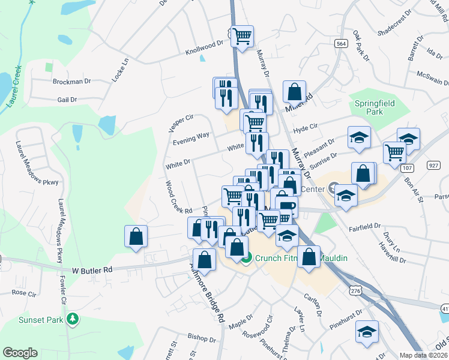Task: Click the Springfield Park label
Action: pos(375,107)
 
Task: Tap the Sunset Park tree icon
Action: pos(73,319)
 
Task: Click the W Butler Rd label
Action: pos(92,270)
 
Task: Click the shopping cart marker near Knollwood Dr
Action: pos(242,36)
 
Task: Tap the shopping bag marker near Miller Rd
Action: pos(294,92)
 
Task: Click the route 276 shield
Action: pos(354,290)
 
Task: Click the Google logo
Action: pos(20,353)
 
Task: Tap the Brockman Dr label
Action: pos(71,81)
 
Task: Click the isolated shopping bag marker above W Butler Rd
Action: pos(136,235)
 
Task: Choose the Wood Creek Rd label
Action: pos(178,198)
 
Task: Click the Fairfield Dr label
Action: pos(365,226)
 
